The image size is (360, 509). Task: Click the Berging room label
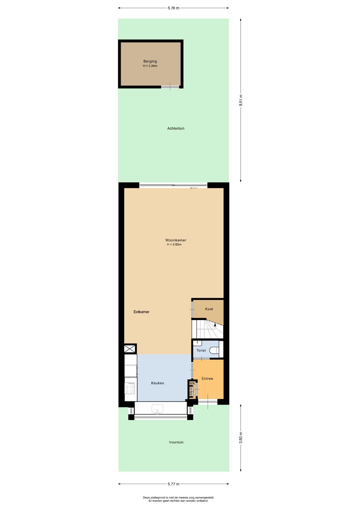point(150,61)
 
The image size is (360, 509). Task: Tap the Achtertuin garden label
point(176,128)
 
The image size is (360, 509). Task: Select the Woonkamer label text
point(176,240)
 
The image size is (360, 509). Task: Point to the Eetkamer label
point(141,312)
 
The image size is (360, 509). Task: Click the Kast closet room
point(208,309)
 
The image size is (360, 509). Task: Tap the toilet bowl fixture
point(214,350)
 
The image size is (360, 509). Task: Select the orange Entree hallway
point(208,379)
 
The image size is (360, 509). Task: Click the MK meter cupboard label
point(192,383)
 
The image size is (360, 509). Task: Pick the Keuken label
point(157,383)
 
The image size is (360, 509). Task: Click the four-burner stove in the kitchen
point(130,388)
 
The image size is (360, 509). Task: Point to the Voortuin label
point(176,442)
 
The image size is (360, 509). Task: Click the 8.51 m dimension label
point(241,100)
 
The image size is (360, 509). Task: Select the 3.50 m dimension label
point(241,438)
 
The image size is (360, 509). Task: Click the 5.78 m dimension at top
point(173,8)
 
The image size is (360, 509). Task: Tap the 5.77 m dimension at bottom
point(173,484)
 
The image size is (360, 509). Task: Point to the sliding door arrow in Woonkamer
point(194,188)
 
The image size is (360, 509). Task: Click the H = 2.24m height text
point(150,66)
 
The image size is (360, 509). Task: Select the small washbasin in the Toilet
point(197,343)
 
